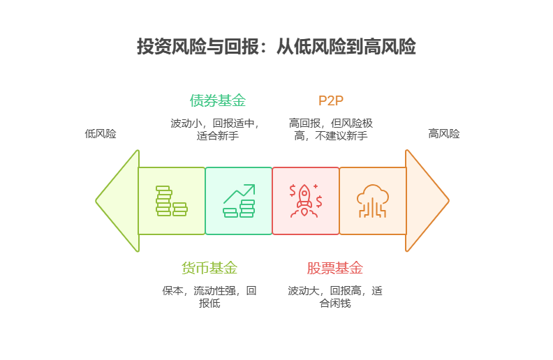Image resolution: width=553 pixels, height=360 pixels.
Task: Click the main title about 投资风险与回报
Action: [x=276, y=46]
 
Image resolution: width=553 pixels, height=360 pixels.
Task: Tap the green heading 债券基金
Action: [x=218, y=100]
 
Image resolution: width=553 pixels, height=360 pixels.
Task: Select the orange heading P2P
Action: [x=331, y=100]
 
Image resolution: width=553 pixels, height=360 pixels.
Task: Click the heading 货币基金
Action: [x=209, y=268]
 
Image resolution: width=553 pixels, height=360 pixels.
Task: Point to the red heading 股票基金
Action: [x=334, y=268]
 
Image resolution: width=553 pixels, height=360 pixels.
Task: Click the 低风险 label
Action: [x=101, y=134]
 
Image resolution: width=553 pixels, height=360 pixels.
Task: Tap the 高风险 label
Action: [x=444, y=134]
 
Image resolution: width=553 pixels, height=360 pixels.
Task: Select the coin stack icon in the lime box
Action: [x=171, y=201]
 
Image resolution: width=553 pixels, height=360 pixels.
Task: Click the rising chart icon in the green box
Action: [x=239, y=201]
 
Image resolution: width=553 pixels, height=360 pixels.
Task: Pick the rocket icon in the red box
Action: [x=305, y=201]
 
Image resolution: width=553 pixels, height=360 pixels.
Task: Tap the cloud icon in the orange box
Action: [x=373, y=201]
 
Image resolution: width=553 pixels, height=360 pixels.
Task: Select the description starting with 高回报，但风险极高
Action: [x=331, y=129]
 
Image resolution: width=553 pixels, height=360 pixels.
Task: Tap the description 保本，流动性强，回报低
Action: [x=209, y=297]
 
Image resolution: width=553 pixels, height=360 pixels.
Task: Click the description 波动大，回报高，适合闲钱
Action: [x=335, y=297]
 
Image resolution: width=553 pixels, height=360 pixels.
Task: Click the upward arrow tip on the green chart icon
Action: [x=254, y=186]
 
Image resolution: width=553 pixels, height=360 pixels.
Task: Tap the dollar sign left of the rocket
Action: [x=293, y=190]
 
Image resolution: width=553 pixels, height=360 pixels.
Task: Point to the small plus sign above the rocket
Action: [x=316, y=186]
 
